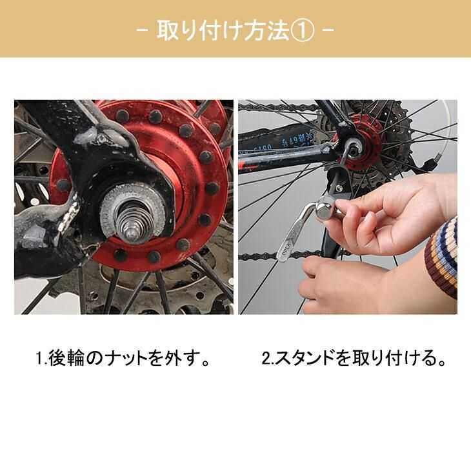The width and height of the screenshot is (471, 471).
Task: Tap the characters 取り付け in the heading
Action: click(199, 30)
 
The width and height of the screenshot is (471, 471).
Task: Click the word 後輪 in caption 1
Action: click(66, 358)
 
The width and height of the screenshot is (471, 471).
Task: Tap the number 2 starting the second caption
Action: click(266, 358)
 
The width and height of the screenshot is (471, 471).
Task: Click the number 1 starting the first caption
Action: click(39, 358)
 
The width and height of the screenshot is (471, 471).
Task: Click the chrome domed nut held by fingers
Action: click(325, 209)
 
